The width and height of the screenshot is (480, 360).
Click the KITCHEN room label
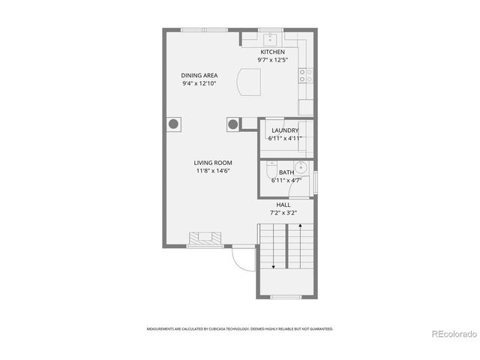coord(272,52)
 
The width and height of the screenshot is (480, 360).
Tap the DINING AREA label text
coord(200,76)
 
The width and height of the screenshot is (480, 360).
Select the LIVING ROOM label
coord(213,163)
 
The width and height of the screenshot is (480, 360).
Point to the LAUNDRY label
coord(285,130)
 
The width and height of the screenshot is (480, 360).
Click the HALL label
coord(283,205)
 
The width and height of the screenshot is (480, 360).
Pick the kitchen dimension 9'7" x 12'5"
coord(272,60)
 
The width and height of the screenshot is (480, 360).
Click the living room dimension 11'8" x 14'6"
coord(213,171)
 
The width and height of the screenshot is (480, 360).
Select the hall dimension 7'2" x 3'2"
coord(283,213)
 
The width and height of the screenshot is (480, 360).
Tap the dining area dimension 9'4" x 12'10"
coord(200,84)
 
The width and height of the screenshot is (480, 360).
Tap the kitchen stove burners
coord(305,74)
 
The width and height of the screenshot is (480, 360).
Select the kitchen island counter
coord(248,81)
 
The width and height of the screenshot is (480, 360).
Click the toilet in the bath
coord(271,168)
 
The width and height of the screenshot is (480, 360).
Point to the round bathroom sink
coord(301,168)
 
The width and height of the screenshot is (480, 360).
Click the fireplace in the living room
coord(205,238)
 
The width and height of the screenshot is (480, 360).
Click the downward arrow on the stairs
coord(274,265)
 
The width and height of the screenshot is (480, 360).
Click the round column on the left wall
coord(173,124)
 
